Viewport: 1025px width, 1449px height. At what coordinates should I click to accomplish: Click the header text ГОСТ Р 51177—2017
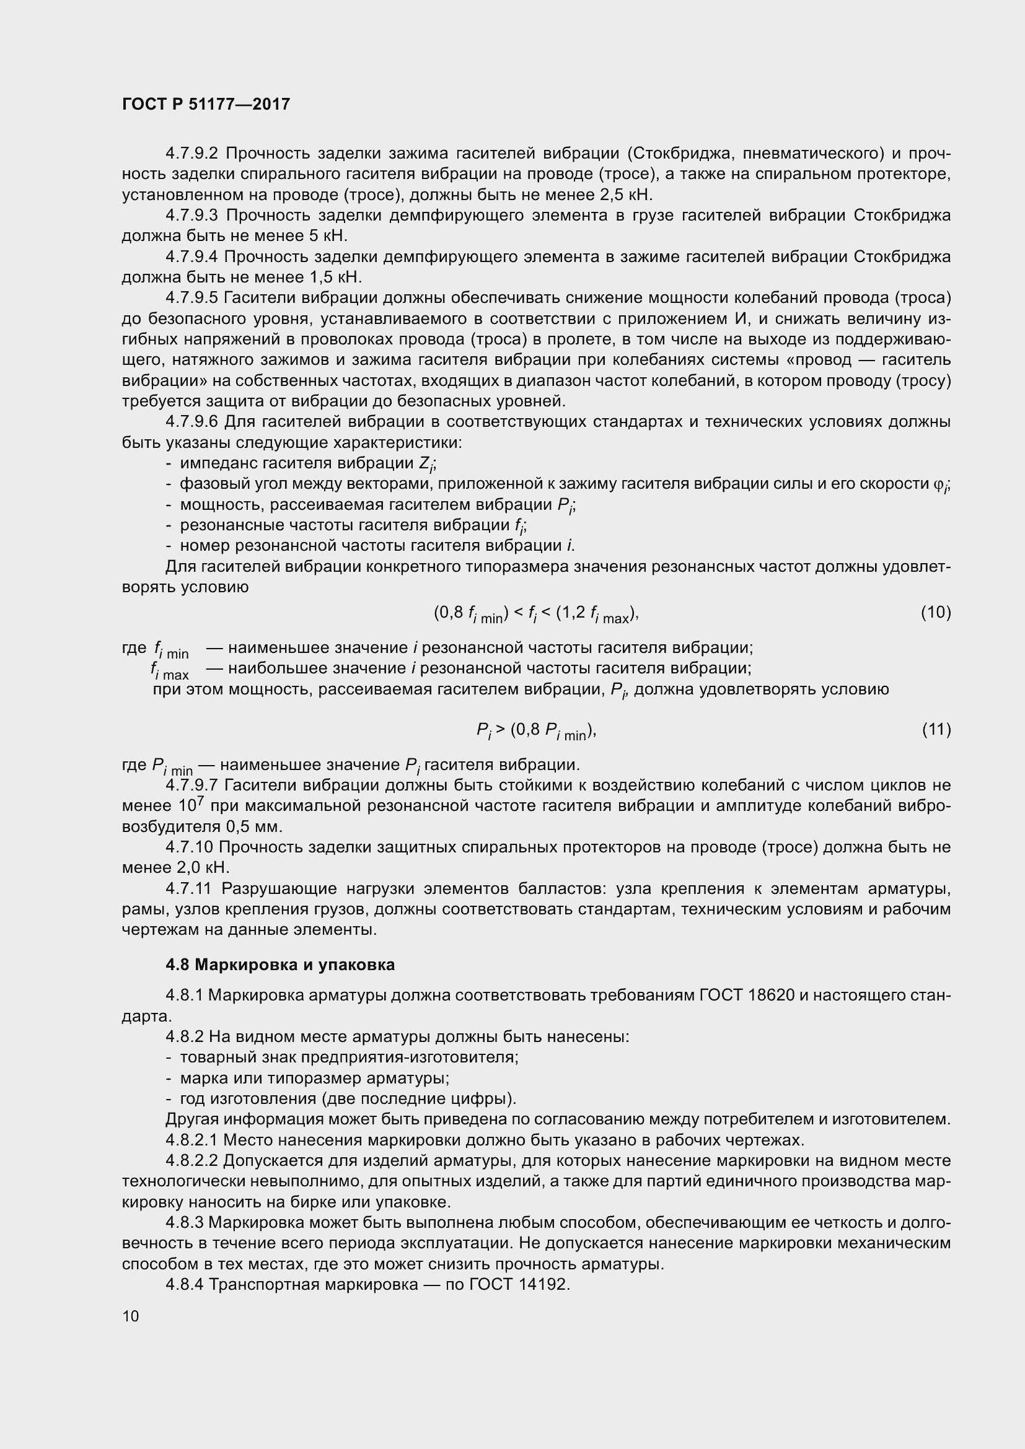coord(206,104)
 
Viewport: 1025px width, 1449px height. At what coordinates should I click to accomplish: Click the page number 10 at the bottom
coord(131,1316)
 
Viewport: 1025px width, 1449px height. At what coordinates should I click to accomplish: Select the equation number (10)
coord(935,611)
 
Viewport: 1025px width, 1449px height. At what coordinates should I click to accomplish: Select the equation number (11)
coord(936,729)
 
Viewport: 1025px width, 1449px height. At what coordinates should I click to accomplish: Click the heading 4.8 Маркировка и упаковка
coord(280,965)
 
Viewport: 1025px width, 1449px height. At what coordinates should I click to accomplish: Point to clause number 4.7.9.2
coord(191,154)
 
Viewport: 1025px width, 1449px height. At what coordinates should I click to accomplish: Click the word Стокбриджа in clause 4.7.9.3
coord(901,216)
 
